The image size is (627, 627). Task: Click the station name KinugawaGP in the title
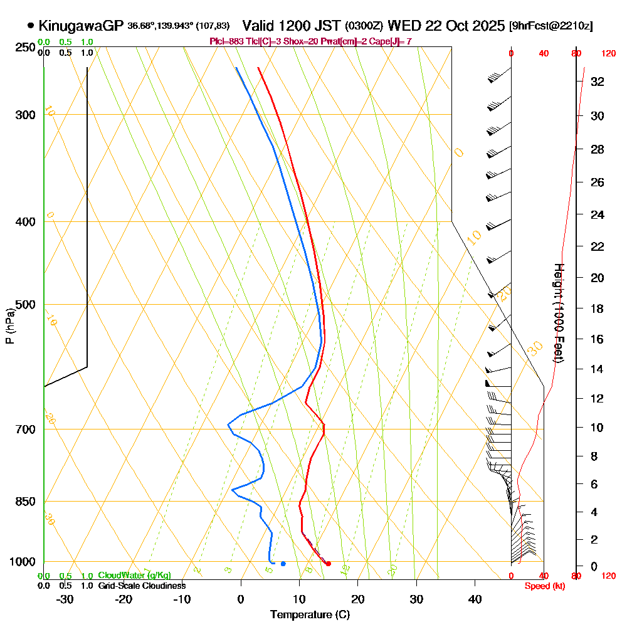tap(81, 26)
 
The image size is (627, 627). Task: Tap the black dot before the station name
tap(31, 26)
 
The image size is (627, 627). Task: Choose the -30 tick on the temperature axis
tap(65, 599)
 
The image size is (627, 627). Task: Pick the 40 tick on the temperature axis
tap(475, 599)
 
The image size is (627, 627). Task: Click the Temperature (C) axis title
tap(310, 614)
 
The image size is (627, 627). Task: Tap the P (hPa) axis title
tap(9, 325)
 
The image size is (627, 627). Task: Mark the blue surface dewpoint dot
tap(283, 564)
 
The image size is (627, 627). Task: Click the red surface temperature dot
tap(329, 564)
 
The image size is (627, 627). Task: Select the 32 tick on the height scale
tap(598, 82)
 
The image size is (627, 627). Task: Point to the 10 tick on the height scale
tap(598, 428)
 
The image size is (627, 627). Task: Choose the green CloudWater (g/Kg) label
tap(134, 576)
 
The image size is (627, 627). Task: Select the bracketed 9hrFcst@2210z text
tap(552, 26)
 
